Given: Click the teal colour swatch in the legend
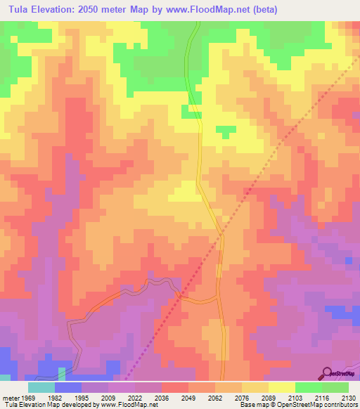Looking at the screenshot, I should point(41,387).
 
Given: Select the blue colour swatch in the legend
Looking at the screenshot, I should point(68,387).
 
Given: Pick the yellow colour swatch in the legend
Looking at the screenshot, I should point(281,387).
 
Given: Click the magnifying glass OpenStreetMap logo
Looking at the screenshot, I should point(328,373).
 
